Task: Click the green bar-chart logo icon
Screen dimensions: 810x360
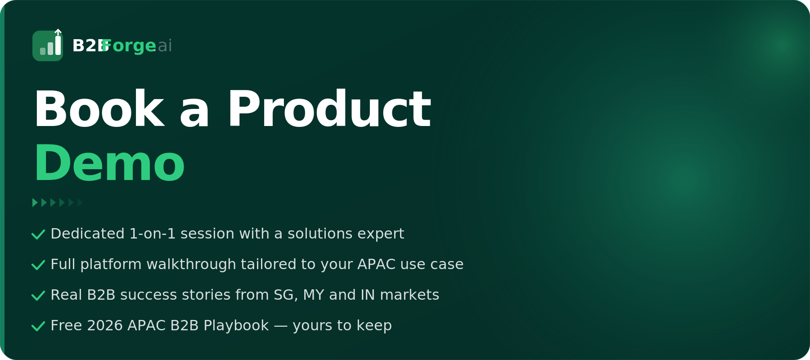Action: pyautogui.click(x=48, y=45)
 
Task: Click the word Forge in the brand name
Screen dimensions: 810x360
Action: pyautogui.click(x=129, y=46)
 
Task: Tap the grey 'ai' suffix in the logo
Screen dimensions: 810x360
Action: pyautogui.click(x=165, y=45)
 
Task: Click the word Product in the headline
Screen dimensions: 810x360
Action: pyautogui.click(x=329, y=109)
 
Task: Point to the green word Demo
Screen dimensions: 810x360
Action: pyautogui.click(x=109, y=163)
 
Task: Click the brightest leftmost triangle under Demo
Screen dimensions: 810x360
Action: pyautogui.click(x=35, y=202)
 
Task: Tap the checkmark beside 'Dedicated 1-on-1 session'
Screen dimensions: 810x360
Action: pyautogui.click(x=38, y=234)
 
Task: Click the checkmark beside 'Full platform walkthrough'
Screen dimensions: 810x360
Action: pyautogui.click(x=38, y=265)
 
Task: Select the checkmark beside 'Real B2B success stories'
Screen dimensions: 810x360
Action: pyautogui.click(x=38, y=296)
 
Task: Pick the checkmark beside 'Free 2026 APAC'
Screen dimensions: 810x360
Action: pyautogui.click(x=38, y=326)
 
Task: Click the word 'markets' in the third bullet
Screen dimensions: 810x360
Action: pyautogui.click(x=409, y=295)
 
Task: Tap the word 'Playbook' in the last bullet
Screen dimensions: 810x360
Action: pyautogui.click(x=236, y=326)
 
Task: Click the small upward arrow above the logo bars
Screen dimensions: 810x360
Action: pyautogui.click(x=58, y=32)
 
